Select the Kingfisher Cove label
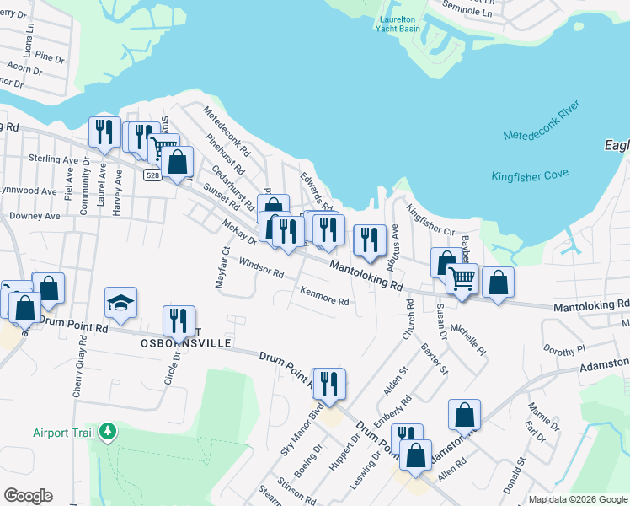tap(530, 175)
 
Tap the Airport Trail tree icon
tap(107, 433)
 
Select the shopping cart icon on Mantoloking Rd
tap(461, 278)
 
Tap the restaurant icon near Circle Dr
tap(179, 321)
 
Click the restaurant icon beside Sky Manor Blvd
tap(328, 384)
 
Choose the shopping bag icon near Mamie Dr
tap(464, 415)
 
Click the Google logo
tap(28, 496)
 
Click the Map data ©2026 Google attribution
tap(578, 499)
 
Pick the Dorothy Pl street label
tap(563, 348)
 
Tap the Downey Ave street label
tap(35, 217)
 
